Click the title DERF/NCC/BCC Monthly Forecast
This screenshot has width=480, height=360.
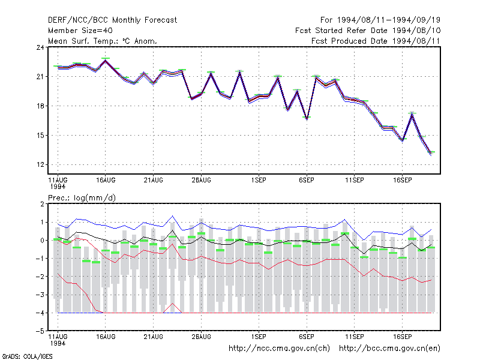(112, 20)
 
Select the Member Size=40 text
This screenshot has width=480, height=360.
(80, 31)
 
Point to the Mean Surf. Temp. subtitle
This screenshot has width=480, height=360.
(103, 41)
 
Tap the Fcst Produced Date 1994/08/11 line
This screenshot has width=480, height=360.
(376, 41)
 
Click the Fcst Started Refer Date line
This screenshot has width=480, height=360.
(368, 31)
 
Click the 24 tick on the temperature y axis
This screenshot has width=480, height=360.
(40, 47)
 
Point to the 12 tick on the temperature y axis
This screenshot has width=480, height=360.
(40, 164)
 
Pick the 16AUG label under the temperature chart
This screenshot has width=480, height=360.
(106, 180)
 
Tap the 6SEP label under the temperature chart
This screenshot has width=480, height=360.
(307, 180)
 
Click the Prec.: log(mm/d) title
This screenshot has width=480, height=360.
(82, 198)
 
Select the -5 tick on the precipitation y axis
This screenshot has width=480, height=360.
(40, 331)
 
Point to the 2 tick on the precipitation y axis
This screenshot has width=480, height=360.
(42, 204)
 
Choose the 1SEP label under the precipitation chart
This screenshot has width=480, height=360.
(259, 337)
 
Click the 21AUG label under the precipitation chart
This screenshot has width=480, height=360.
(154, 337)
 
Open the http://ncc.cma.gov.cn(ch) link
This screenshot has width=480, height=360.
(279, 349)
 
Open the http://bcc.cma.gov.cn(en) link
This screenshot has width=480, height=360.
(389, 349)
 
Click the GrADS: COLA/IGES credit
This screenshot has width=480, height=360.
(27, 356)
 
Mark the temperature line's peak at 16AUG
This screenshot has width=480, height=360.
(106, 60)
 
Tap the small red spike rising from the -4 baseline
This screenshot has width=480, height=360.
(173, 304)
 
